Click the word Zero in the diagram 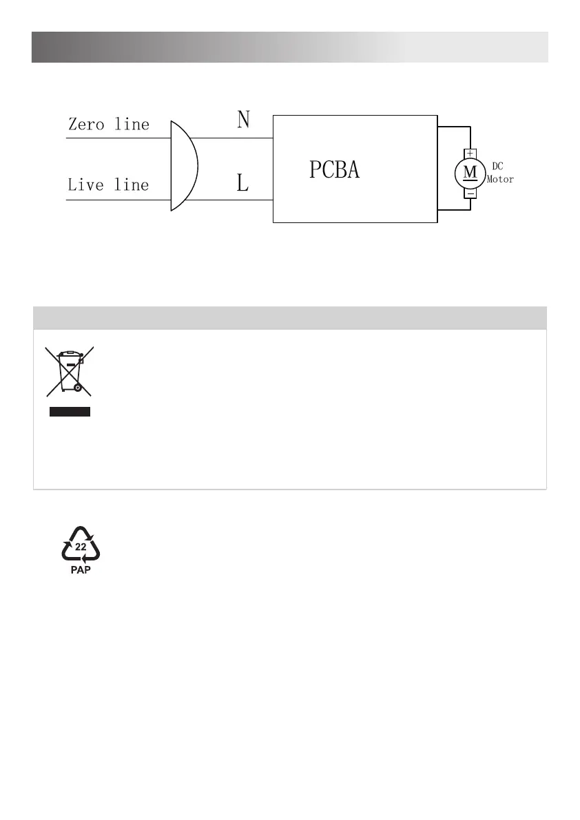click(x=86, y=125)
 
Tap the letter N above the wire click(x=243, y=121)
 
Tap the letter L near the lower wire click(x=242, y=183)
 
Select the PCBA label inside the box click(x=334, y=170)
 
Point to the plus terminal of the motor click(x=470, y=152)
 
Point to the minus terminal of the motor click(x=470, y=194)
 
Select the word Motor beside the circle click(x=500, y=180)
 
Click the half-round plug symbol click(x=183, y=165)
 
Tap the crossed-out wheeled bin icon click(x=69, y=371)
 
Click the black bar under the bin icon click(x=69, y=412)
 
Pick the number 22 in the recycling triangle click(x=81, y=546)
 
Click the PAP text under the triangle click(x=81, y=571)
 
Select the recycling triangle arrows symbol click(x=81, y=543)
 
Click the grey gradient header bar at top click(x=289, y=47)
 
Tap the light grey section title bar click(x=289, y=318)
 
